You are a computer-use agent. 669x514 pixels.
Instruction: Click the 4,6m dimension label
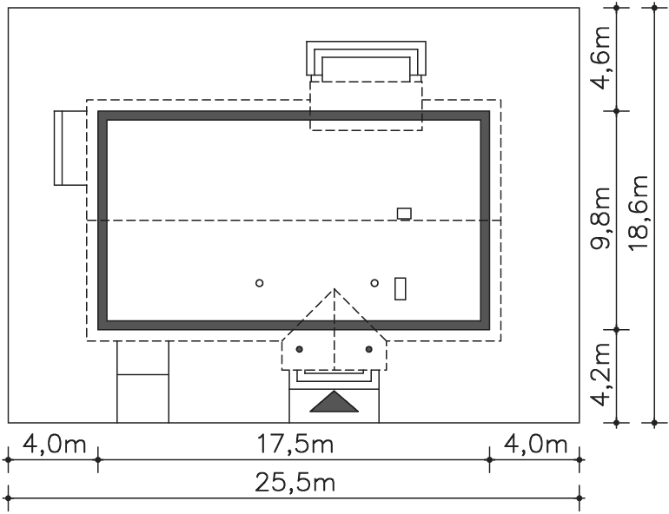601,58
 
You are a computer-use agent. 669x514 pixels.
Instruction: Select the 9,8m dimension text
601,218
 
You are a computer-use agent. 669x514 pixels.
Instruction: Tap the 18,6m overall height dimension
639,213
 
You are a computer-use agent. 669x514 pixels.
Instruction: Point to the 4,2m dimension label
601,374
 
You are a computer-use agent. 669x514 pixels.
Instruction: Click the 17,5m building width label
295,444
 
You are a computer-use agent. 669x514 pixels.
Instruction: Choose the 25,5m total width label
295,483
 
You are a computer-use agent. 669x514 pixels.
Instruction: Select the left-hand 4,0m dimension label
54,444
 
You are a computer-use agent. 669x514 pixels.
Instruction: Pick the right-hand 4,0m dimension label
535,444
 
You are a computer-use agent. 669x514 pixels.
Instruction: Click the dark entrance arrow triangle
334,401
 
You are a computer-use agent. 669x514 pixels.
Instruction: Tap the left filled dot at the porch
299,350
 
